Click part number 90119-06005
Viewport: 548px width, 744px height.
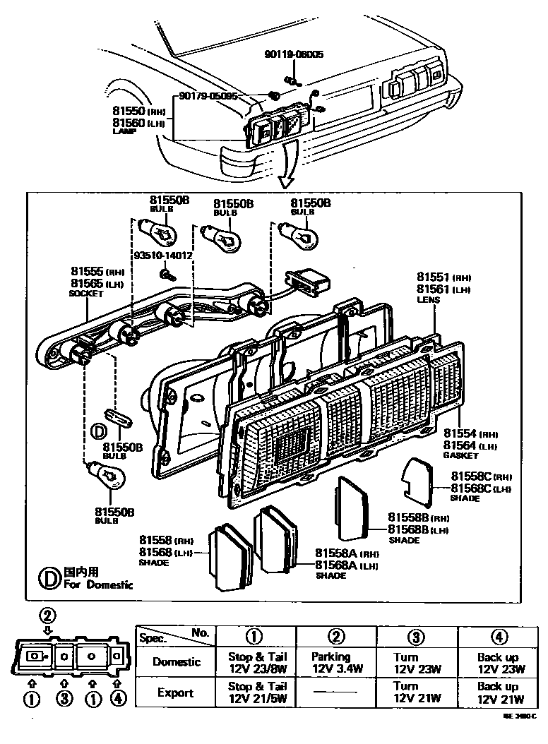294,54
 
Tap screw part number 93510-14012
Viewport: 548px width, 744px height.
163,256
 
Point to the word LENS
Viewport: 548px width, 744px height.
428,299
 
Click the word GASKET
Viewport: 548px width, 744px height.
460,456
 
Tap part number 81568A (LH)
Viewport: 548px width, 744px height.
347,565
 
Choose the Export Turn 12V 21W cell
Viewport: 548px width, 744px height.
417,692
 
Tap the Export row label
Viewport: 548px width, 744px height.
175,692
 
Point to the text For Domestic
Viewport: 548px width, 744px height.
98,584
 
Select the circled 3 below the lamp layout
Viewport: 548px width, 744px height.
64,700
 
